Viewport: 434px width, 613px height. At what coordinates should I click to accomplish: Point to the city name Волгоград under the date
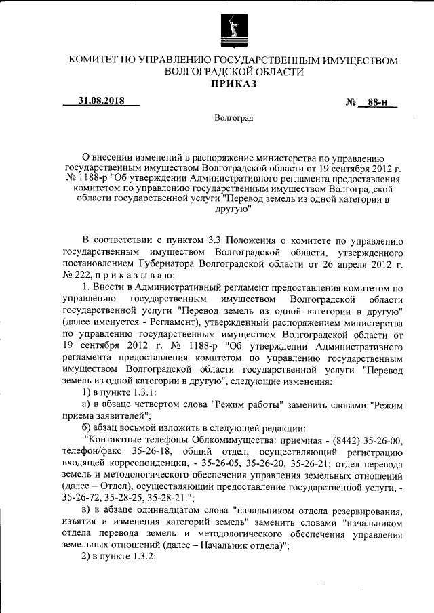[x=233, y=119]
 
